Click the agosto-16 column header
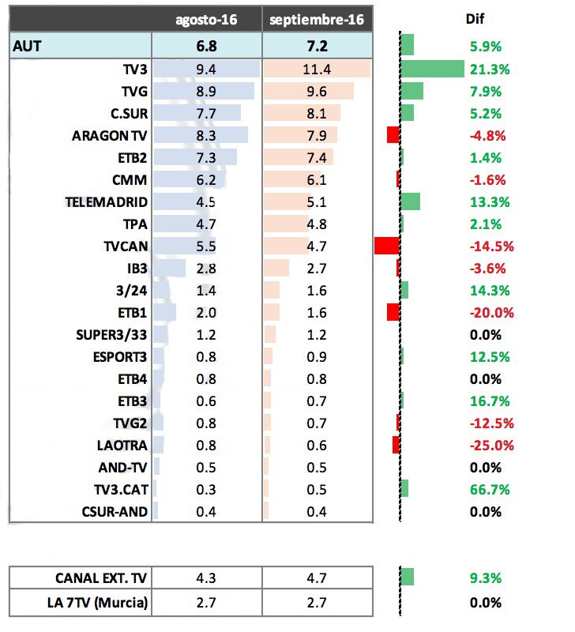tap(206, 19)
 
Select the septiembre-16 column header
tap(317, 19)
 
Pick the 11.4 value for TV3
tap(317, 69)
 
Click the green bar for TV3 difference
tap(432, 69)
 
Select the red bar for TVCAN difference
tap(386, 246)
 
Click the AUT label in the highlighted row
tap(28, 46)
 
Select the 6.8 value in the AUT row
tap(206, 46)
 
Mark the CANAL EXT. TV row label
tap(101, 578)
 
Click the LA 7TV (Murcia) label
tap(99, 603)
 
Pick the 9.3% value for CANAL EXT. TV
tap(486, 578)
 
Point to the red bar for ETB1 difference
tap(393, 312)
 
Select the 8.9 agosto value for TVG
tap(206, 91)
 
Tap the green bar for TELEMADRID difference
tap(410, 201)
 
